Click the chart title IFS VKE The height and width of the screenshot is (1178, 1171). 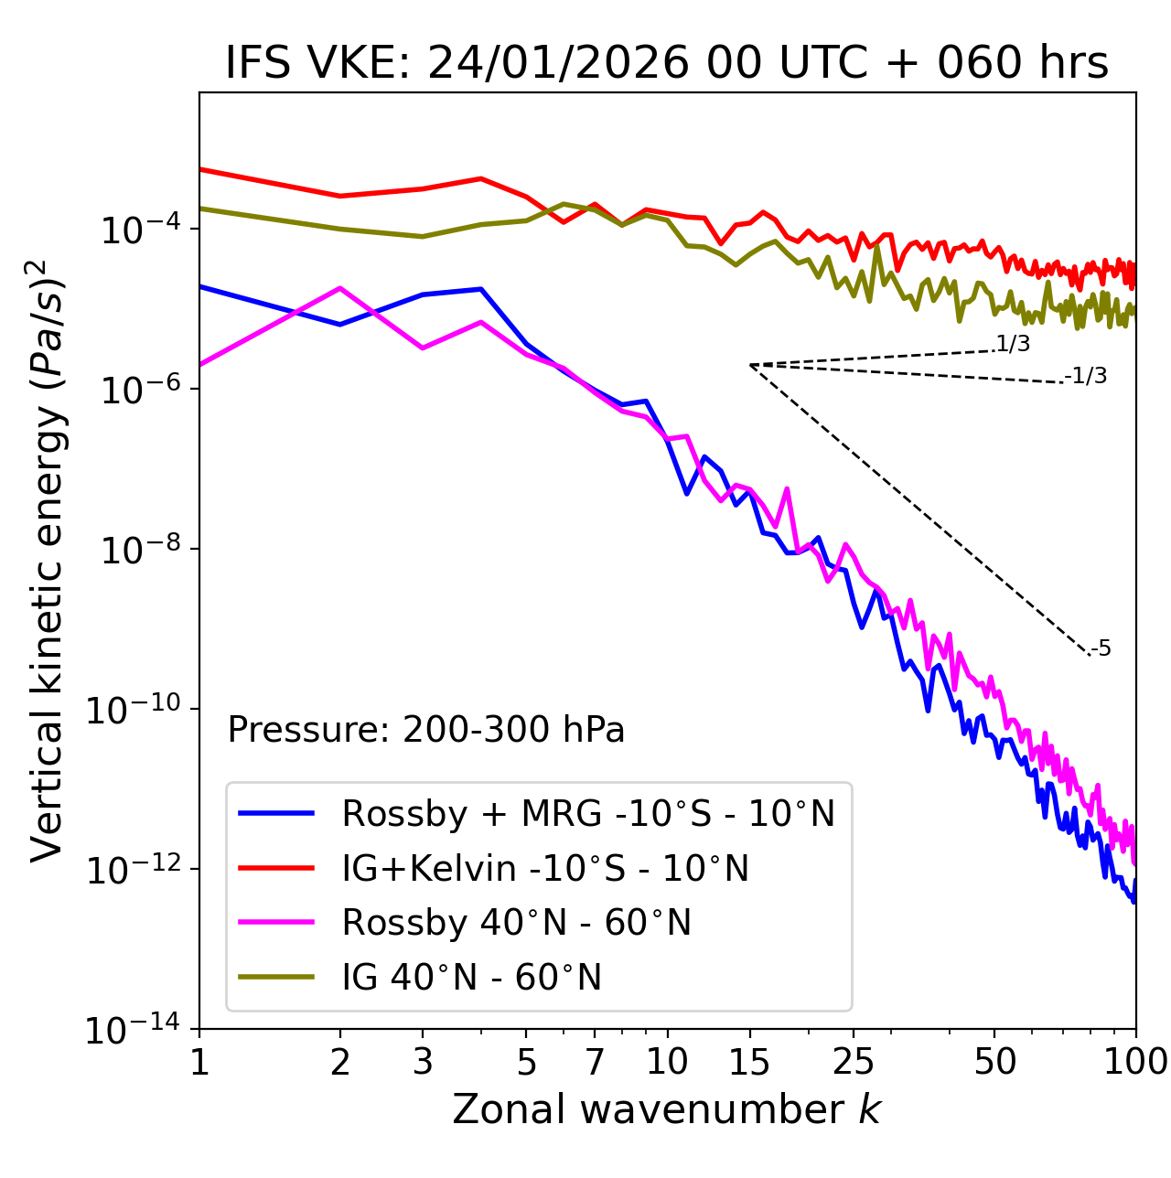pyautogui.click(x=667, y=63)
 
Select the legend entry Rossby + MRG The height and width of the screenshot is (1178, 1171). pyautogui.click(x=588, y=813)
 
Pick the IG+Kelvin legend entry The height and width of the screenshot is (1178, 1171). pyautogui.click(x=545, y=868)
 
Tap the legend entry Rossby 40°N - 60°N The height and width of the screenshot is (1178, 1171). pyautogui.click(x=516, y=923)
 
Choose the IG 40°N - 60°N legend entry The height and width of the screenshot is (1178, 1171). pyautogui.click(x=471, y=978)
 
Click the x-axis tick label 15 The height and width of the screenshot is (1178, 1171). pyautogui.click(x=749, y=1062)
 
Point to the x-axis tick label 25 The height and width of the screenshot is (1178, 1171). pyautogui.click(x=853, y=1062)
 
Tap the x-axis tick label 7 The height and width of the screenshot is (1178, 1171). pyautogui.click(x=595, y=1062)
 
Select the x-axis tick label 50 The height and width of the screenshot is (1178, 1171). pyautogui.click(x=994, y=1062)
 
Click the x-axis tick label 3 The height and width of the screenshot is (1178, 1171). pyautogui.click(x=423, y=1062)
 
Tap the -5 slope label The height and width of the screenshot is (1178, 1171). pyautogui.click(x=1101, y=649)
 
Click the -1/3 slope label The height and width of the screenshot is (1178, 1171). pyautogui.click(x=1087, y=376)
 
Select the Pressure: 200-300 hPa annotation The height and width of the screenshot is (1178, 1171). pyautogui.click(x=426, y=730)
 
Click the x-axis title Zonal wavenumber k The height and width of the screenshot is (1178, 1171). pyautogui.click(x=667, y=1109)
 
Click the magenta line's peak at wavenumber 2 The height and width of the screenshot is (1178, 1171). pyautogui.click(x=340, y=288)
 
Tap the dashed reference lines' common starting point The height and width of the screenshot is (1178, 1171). pyautogui.click(x=750, y=365)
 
